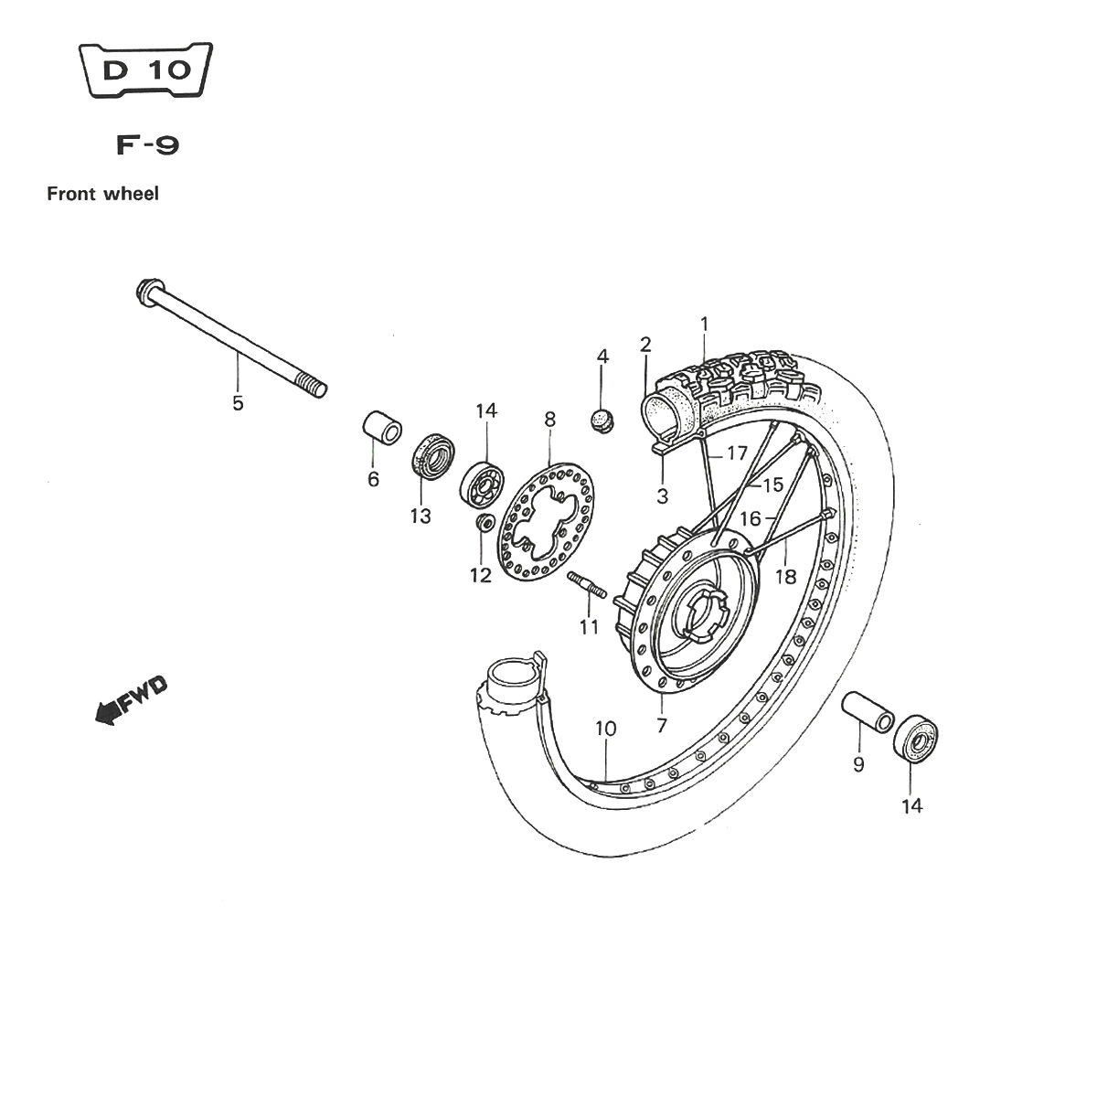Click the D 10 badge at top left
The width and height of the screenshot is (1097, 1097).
[x=145, y=69]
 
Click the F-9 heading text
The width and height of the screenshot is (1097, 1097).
[x=147, y=145]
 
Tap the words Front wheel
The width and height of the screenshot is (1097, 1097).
[x=103, y=194]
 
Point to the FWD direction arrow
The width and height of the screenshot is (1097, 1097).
[x=132, y=700]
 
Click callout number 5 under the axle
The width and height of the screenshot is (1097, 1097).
[x=238, y=403]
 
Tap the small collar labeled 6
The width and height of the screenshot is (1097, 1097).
[x=382, y=427]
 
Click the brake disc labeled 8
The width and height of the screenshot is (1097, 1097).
[x=546, y=522]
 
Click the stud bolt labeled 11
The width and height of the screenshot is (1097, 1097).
[x=586, y=585]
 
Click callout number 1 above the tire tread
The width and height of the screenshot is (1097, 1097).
[x=704, y=325]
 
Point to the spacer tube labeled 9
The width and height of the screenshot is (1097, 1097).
[x=868, y=712]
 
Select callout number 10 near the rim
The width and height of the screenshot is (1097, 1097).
[x=606, y=729]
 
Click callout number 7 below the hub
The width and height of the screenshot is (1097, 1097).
[x=662, y=726]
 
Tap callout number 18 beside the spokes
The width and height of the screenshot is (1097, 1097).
[x=785, y=577]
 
